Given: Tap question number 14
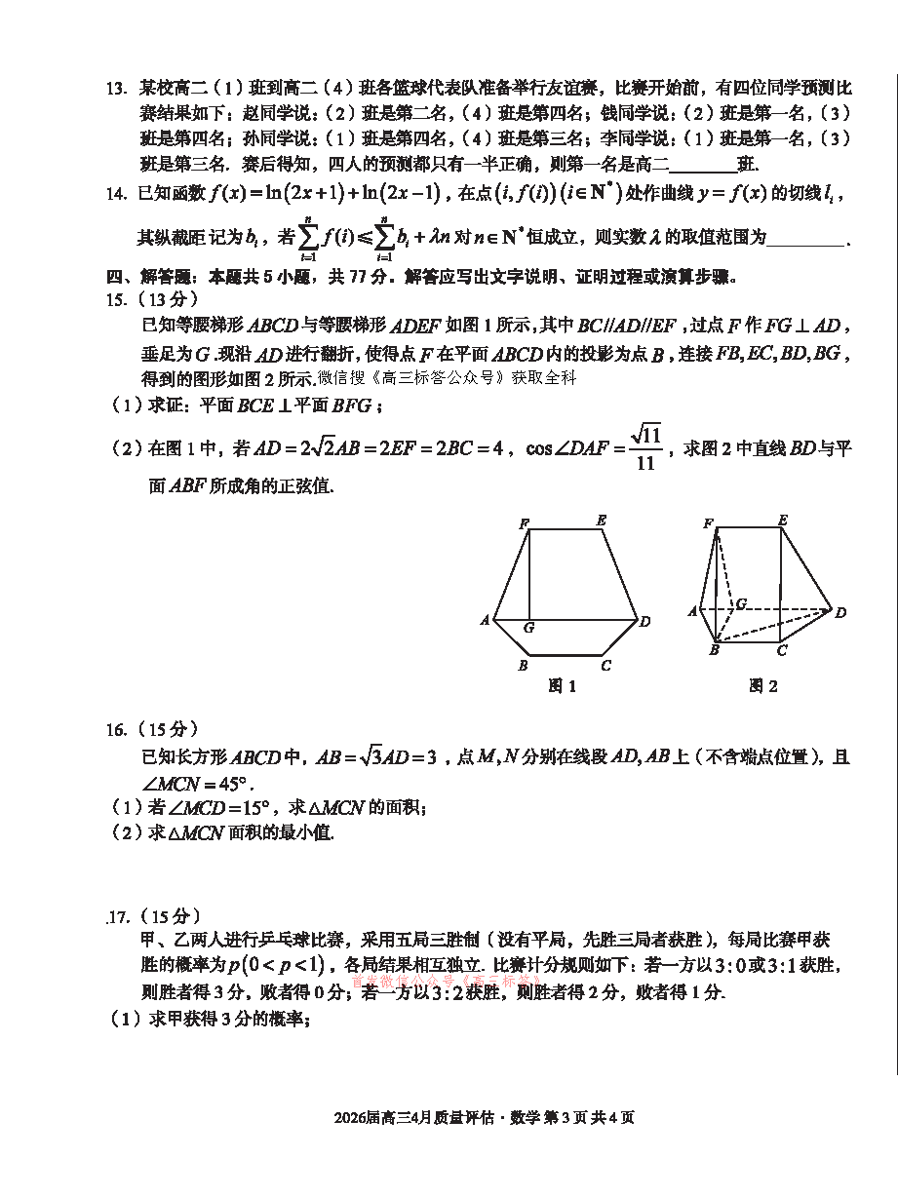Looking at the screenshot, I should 116,193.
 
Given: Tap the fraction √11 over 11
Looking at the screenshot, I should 645,448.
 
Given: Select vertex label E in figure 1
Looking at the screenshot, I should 602,521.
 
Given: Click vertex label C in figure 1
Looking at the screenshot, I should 605,666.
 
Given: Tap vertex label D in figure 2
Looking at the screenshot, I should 840,612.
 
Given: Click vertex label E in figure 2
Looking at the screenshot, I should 783,521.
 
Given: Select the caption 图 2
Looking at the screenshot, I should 762,687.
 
